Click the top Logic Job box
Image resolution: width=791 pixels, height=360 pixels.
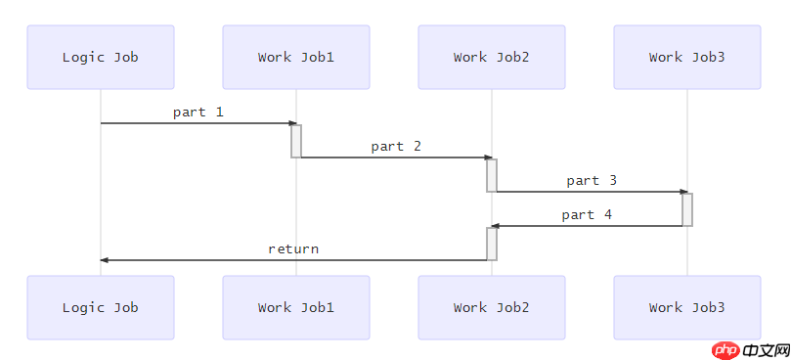click(x=101, y=57)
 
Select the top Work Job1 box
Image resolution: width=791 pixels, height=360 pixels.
click(x=296, y=57)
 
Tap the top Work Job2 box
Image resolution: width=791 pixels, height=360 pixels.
click(x=492, y=57)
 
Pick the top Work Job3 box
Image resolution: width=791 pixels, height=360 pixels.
click(x=687, y=57)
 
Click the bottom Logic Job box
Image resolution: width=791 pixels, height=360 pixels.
click(x=101, y=307)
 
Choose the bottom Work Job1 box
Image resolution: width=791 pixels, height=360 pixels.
click(x=296, y=307)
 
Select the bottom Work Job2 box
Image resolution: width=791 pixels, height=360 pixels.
click(x=492, y=307)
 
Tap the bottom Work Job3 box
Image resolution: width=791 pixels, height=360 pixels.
click(x=687, y=307)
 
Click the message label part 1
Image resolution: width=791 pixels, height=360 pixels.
click(x=198, y=112)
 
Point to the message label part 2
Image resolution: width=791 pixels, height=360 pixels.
click(x=396, y=146)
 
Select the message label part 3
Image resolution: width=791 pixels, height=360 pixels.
click(x=592, y=180)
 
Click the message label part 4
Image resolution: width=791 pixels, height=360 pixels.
click(x=587, y=214)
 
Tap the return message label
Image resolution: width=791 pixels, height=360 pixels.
click(x=293, y=248)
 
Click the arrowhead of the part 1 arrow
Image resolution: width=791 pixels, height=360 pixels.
click(x=292, y=123)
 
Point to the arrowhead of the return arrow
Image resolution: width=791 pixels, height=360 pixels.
click(x=105, y=260)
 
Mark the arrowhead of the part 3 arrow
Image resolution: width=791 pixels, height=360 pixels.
click(x=683, y=192)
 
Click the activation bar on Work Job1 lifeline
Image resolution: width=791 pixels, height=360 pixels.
click(x=296, y=141)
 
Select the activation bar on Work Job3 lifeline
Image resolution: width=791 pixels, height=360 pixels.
click(x=687, y=209)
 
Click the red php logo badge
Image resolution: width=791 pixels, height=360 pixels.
click(x=725, y=350)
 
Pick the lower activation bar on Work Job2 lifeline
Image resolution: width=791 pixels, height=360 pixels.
click(x=492, y=244)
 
